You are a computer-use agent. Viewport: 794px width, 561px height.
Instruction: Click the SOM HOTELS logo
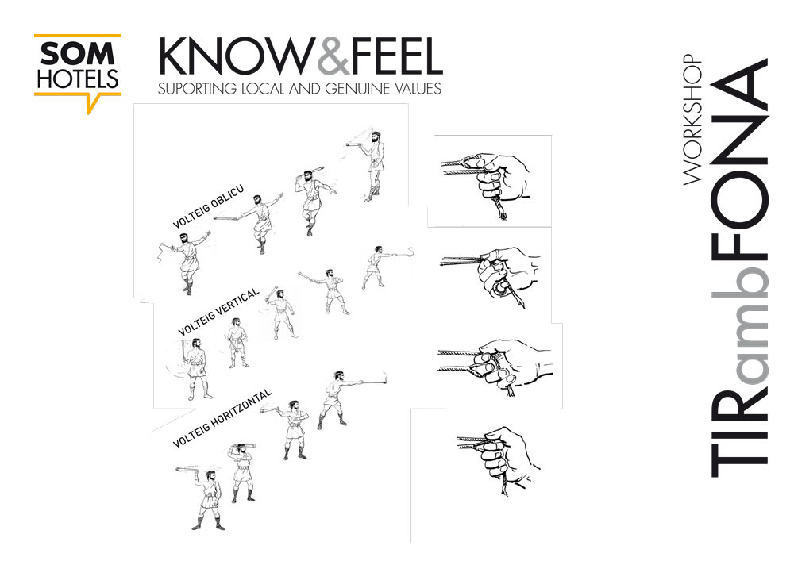78,71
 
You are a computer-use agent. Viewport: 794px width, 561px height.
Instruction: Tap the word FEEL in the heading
396,56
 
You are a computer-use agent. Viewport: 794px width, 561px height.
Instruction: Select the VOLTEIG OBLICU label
208,207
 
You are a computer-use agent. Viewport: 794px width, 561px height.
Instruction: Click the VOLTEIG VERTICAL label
219,312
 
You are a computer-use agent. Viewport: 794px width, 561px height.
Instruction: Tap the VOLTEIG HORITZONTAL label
222,419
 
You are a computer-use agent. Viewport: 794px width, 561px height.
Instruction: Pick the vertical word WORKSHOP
692,120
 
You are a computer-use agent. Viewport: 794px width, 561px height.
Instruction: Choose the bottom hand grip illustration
498,459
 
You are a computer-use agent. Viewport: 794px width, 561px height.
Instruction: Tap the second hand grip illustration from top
489,276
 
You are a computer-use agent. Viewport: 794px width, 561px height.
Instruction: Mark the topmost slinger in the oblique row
369,165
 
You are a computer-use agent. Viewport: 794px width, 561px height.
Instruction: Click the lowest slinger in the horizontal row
204,498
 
